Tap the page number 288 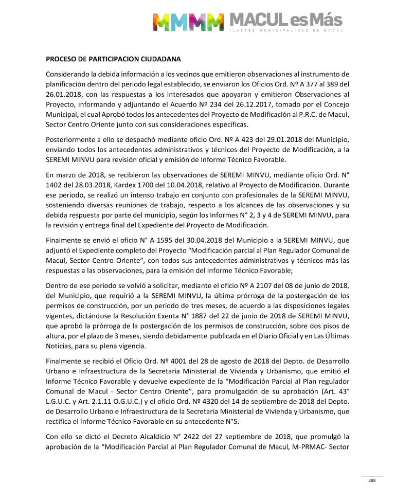click(372, 480)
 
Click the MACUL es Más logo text click(285, 20)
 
